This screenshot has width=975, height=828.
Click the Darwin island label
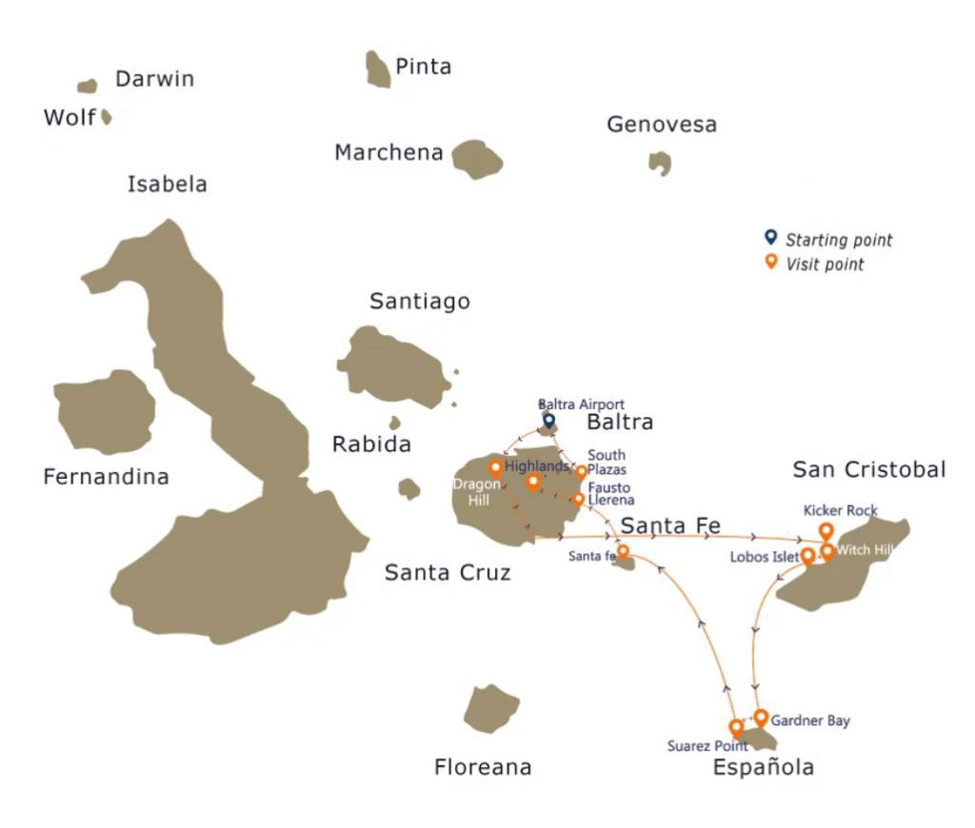154,79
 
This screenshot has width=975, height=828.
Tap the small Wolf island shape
107,117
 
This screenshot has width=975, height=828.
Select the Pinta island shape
378,69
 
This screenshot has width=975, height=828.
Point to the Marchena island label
388,152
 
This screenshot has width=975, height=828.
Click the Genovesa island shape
660,163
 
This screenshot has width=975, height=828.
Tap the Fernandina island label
106,477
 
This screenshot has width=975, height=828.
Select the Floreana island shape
490,709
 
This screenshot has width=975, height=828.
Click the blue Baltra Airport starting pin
548,420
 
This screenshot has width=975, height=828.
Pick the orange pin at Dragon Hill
495,467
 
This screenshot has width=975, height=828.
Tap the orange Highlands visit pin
533,482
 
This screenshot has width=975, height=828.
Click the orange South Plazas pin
582,471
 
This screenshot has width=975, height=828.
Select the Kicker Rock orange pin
826,531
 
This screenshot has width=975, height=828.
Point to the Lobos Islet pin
807,555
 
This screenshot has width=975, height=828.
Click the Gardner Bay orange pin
761,716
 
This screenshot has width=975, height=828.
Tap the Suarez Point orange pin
736,727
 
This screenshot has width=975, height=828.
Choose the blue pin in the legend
771,238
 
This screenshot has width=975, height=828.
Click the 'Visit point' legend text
825,265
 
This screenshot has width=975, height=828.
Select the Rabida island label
371,444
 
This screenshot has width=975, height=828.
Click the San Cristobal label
869,469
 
